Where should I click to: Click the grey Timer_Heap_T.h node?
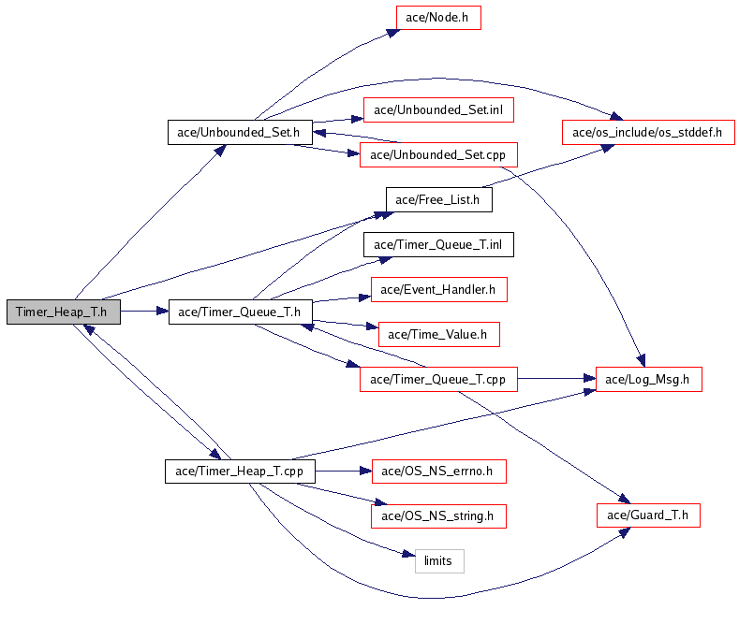tap(63, 312)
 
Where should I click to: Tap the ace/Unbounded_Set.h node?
tap(239, 132)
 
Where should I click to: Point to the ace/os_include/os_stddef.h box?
tap(647, 132)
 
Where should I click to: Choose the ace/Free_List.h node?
tap(438, 199)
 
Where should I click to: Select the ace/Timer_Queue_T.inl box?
tap(438, 244)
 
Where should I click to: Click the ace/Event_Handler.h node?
tap(438, 289)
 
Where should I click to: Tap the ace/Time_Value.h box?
tap(437, 334)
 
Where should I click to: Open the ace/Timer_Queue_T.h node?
tap(239, 312)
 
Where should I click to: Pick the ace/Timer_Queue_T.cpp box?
tap(437, 379)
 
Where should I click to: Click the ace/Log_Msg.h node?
tap(648, 379)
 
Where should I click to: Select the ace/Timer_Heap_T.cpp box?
tap(240, 471)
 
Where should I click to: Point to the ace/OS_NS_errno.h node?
tap(438, 471)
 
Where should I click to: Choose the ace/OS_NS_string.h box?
tap(438, 515)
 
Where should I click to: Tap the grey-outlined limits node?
tap(438, 560)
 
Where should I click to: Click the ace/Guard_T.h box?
tap(648, 515)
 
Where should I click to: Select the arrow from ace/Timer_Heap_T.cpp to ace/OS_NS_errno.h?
tap(343, 471)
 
